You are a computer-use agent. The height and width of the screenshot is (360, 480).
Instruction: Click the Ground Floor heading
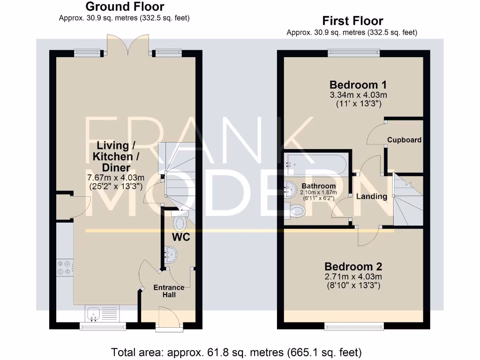click(x=125, y=7)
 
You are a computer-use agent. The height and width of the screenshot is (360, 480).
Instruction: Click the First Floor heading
click(x=352, y=21)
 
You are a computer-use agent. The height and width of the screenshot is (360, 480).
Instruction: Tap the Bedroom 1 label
click(x=358, y=85)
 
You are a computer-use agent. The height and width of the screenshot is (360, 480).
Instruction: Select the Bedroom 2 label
click(x=353, y=267)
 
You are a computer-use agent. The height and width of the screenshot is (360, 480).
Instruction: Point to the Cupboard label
click(x=404, y=140)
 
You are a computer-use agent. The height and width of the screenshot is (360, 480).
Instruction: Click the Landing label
click(x=372, y=196)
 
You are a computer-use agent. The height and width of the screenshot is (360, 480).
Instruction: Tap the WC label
click(x=180, y=237)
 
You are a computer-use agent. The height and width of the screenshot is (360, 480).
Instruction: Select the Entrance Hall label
click(x=169, y=291)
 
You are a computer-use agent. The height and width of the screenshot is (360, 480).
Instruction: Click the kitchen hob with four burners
click(x=64, y=268)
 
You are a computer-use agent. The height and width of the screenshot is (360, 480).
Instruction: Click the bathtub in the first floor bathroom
click(x=317, y=164)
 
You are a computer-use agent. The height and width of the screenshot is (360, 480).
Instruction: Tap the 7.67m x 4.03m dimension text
click(x=116, y=177)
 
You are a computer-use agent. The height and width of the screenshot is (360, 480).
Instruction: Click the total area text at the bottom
click(x=236, y=352)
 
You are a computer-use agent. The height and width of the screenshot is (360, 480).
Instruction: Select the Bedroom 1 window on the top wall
click(x=353, y=53)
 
